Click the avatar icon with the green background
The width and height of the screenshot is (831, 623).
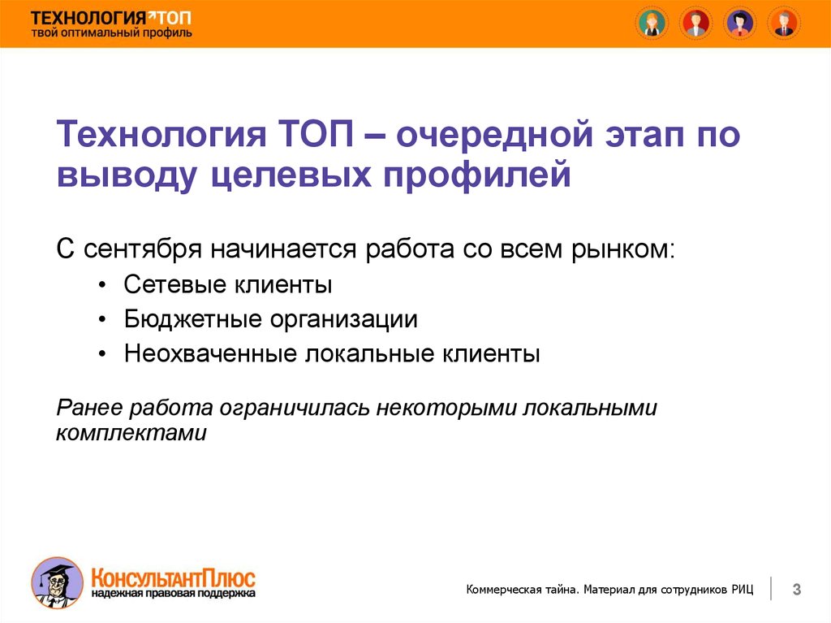tap(652, 24)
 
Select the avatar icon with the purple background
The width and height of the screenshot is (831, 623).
tap(740, 24)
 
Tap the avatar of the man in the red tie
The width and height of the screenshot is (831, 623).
tap(785, 24)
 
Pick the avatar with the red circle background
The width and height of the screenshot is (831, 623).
tap(695, 24)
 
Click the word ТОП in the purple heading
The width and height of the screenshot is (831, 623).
tap(316, 134)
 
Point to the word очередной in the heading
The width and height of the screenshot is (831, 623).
tap(495, 135)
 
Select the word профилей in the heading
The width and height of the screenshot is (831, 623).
tap(477, 174)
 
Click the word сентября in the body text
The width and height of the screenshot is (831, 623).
tap(143, 249)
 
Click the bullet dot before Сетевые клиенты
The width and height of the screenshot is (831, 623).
tap(103, 285)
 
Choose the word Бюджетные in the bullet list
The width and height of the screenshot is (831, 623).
tap(193, 319)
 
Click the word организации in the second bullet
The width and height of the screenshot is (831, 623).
tap(344, 320)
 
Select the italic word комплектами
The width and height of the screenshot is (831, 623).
tap(131, 433)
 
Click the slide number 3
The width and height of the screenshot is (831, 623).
tap(797, 589)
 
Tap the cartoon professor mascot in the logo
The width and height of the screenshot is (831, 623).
tap(57, 582)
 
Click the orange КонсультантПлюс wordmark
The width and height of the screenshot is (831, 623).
tap(174, 578)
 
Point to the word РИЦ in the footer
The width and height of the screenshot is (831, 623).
tap(743, 589)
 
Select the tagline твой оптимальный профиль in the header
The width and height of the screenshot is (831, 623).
tap(111, 33)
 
